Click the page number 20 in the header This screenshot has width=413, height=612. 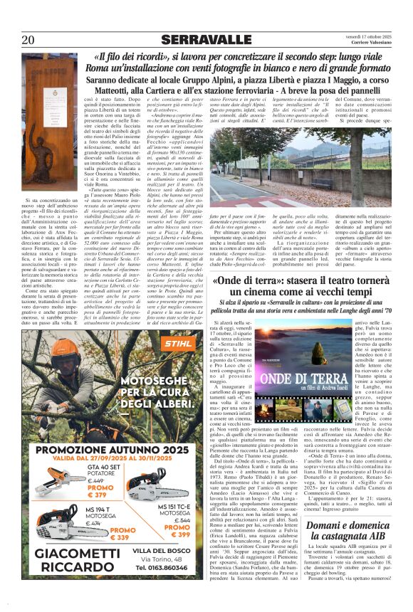click(28, 39)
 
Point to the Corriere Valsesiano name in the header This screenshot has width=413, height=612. click(375, 43)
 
